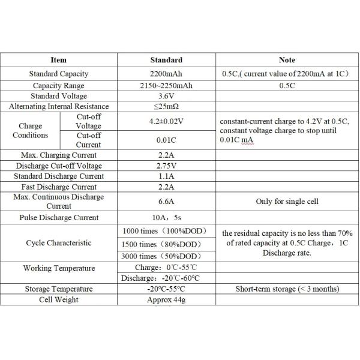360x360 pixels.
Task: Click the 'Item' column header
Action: click(x=58, y=60)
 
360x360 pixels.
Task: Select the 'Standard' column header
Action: click(x=166, y=60)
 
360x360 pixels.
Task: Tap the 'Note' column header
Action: click(x=287, y=60)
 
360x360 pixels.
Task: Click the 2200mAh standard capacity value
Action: click(x=166, y=74)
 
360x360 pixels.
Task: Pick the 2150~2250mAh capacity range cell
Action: click(x=166, y=85)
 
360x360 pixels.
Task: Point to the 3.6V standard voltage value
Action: click(x=166, y=96)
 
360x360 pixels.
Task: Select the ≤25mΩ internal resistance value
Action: click(x=166, y=107)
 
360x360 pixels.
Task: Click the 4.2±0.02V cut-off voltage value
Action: click(x=166, y=121)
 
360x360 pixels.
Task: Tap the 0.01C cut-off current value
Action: click(x=166, y=140)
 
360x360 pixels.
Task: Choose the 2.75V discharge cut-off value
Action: click(x=166, y=166)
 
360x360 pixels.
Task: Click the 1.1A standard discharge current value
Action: click(x=166, y=176)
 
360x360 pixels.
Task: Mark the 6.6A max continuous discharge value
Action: click(x=166, y=202)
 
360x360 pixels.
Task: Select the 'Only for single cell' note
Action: click(x=287, y=202)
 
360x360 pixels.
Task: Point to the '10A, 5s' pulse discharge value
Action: click(x=166, y=218)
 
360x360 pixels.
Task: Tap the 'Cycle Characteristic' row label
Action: click(x=58, y=243)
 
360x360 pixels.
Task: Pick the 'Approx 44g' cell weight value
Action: click(x=166, y=300)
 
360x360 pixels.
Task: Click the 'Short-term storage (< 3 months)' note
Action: click(x=287, y=289)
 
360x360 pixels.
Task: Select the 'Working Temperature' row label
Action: click(x=58, y=268)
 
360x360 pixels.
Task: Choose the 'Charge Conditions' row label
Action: click(x=30, y=131)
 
